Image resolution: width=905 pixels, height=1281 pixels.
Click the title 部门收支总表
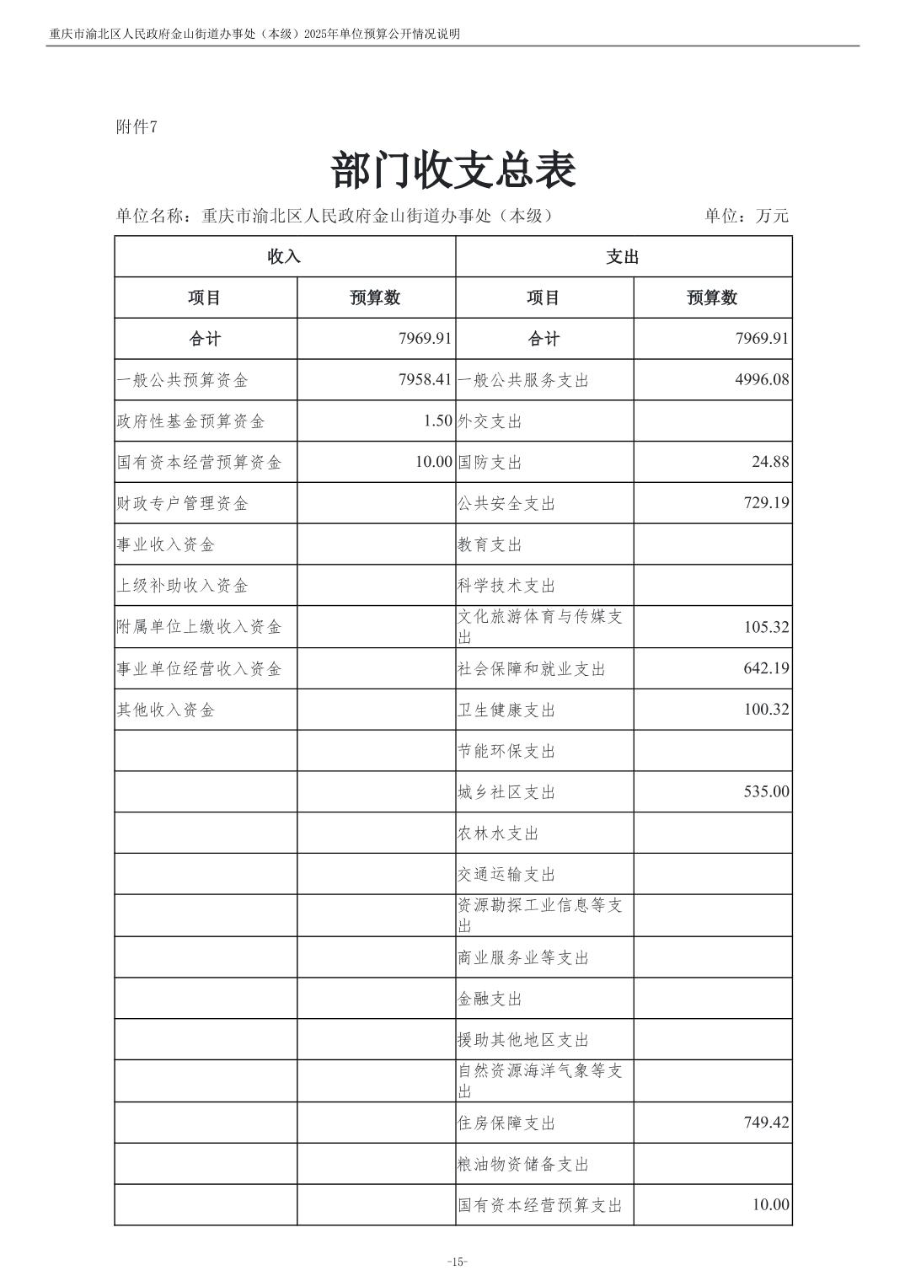coord(453,171)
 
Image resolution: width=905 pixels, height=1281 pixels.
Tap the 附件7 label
coord(137,126)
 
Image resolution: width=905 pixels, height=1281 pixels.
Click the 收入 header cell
coord(284,257)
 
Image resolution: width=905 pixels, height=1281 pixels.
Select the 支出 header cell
coord(623,257)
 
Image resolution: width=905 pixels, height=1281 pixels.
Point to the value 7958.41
coord(426,380)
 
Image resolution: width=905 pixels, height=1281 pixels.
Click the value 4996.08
coord(762,380)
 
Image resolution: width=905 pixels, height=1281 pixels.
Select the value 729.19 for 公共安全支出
coord(766,503)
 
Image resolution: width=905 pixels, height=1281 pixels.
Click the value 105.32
coord(766,627)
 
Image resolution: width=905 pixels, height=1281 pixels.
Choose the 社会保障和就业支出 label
coord(532,669)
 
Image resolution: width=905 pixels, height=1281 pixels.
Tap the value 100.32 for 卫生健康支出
coord(766,710)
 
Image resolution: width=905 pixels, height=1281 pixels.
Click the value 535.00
coord(766,792)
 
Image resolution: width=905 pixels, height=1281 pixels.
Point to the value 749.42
coord(766,1123)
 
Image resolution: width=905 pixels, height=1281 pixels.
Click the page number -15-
coord(457,1262)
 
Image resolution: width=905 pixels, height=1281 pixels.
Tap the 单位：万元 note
coord(747,216)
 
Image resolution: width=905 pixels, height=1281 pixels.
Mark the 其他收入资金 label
coord(166,710)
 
